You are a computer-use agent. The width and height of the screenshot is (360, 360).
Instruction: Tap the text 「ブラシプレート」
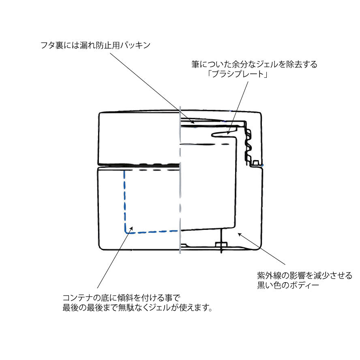(x=237, y=74)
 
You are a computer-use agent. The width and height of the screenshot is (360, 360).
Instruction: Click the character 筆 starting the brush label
(x=195, y=64)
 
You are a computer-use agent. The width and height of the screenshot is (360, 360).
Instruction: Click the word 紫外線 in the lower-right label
(x=269, y=275)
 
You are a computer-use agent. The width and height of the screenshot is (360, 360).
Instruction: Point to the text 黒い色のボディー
(x=288, y=285)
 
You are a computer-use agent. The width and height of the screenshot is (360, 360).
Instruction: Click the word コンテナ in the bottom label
(x=78, y=298)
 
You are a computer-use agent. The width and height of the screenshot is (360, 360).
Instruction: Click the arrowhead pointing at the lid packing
(x=193, y=122)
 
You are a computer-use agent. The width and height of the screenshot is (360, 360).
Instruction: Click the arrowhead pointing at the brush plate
(x=228, y=132)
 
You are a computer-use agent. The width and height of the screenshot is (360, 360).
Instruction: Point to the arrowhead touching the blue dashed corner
(x=131, y=229)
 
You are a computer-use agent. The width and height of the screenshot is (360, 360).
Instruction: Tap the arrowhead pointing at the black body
(x=240, y=235)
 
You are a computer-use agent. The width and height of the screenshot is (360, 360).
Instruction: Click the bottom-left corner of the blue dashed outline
(x=126, y=232)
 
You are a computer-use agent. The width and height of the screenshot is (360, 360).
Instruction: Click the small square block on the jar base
(x=221, y=244)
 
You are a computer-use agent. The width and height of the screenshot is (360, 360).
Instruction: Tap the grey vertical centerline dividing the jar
(x=180, y=180)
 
